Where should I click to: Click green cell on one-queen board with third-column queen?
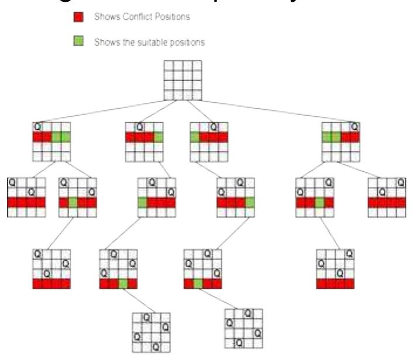pyautogui.click(x=195, y=137)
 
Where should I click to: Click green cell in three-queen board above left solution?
pyautogui.click(x=123, y=284)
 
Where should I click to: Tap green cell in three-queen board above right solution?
pyautogui.click(x=198, y=284)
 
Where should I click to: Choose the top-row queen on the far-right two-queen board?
pyautogui.click(x=401, y=182)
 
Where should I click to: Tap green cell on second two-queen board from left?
pyautogui.click(x=73, y=203)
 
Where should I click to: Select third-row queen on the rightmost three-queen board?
pyautogui.click(x=340, y=273)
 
